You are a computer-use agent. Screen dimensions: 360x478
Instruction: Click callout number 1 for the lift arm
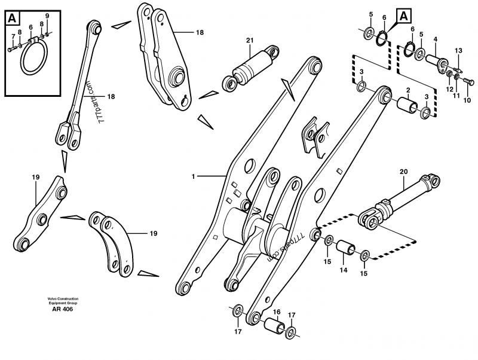193,176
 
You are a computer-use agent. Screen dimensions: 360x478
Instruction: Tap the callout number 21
250,41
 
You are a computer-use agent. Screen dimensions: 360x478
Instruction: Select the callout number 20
403,171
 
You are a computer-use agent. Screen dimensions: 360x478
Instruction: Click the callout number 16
276,312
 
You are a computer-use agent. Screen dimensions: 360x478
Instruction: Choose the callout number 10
467,100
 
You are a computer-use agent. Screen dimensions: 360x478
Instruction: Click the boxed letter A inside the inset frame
12,19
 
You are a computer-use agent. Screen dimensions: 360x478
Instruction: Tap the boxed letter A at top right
405,16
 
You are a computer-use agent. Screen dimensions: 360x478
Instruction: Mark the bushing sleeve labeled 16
275,327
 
